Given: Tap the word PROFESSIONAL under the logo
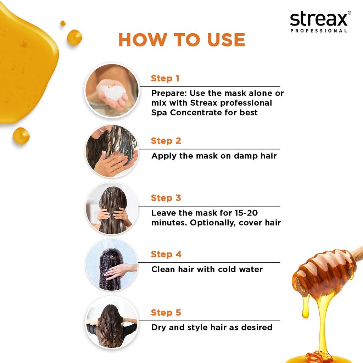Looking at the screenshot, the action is (319, 31).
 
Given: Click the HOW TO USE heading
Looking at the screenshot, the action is (182, 40).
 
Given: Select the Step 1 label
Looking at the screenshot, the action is (165, 78).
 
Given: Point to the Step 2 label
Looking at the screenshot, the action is (166, 141).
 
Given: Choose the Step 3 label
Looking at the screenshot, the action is (166, 198).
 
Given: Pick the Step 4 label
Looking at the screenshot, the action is (166, 254).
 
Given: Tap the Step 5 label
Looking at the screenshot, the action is (166, 313).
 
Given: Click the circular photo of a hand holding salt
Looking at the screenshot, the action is (112, 90).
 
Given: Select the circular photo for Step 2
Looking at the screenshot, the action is (112, 151).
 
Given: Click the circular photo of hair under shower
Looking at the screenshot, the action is (112, 265).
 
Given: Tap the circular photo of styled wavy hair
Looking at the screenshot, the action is (112, 322).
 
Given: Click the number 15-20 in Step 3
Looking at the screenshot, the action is (246, 213).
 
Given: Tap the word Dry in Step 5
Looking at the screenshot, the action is (158, 328).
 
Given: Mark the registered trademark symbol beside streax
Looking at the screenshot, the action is (349, 13).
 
